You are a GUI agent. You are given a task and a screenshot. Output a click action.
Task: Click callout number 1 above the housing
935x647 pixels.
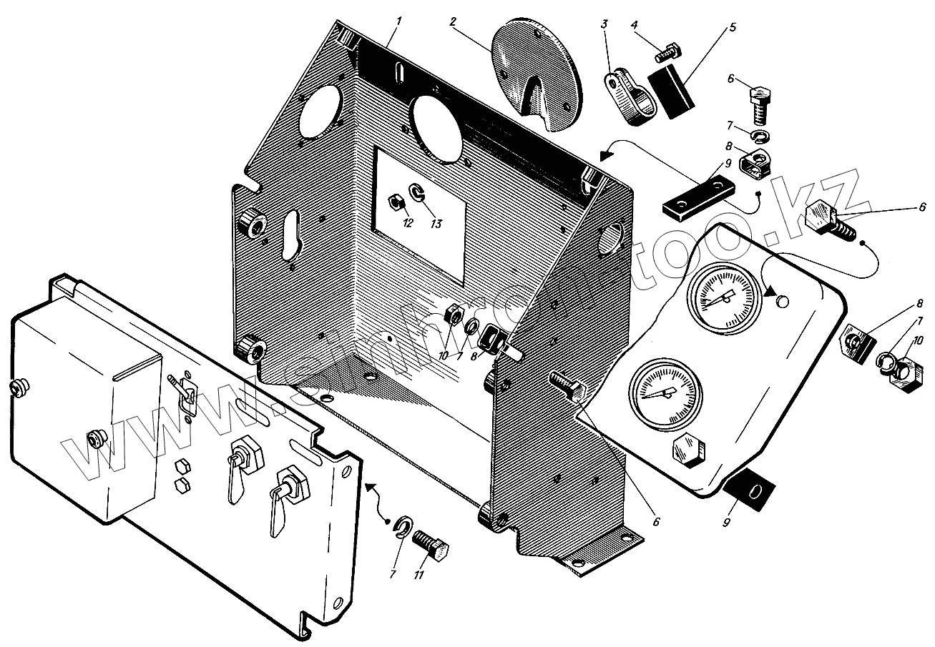tap(399, 21)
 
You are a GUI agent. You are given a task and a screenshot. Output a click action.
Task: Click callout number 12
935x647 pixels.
tap(408, 223)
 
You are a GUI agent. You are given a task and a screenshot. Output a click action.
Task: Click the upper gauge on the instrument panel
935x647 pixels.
tap(724, 297)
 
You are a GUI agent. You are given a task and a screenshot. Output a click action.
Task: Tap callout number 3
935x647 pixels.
tap(604, 24)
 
